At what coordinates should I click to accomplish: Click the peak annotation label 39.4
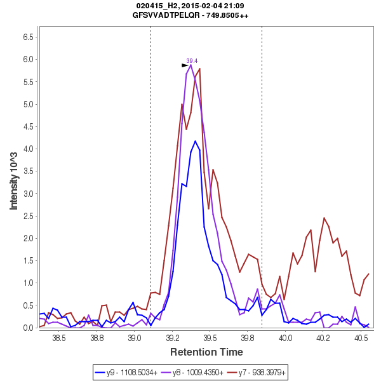pos(192,61)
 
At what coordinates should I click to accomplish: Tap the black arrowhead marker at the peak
pos(185,65)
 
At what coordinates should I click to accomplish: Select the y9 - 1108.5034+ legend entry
pos(126,372)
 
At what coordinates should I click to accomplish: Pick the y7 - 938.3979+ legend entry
pos(255,372)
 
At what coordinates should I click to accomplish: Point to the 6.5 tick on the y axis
pos(28,37)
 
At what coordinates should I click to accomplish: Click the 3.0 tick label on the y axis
pos(28,194)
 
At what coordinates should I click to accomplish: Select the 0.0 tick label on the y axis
pos(28,328)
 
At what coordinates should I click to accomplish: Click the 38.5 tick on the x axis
pos(59,338)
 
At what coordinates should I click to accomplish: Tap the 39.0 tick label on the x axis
pos(135,338)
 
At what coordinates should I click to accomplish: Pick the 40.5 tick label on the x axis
pos(361,338)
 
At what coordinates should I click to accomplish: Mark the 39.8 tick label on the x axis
pos(248,338)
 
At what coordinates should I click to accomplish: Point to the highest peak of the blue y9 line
pos(195,141)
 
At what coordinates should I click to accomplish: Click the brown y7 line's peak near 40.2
pos(324,218)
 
